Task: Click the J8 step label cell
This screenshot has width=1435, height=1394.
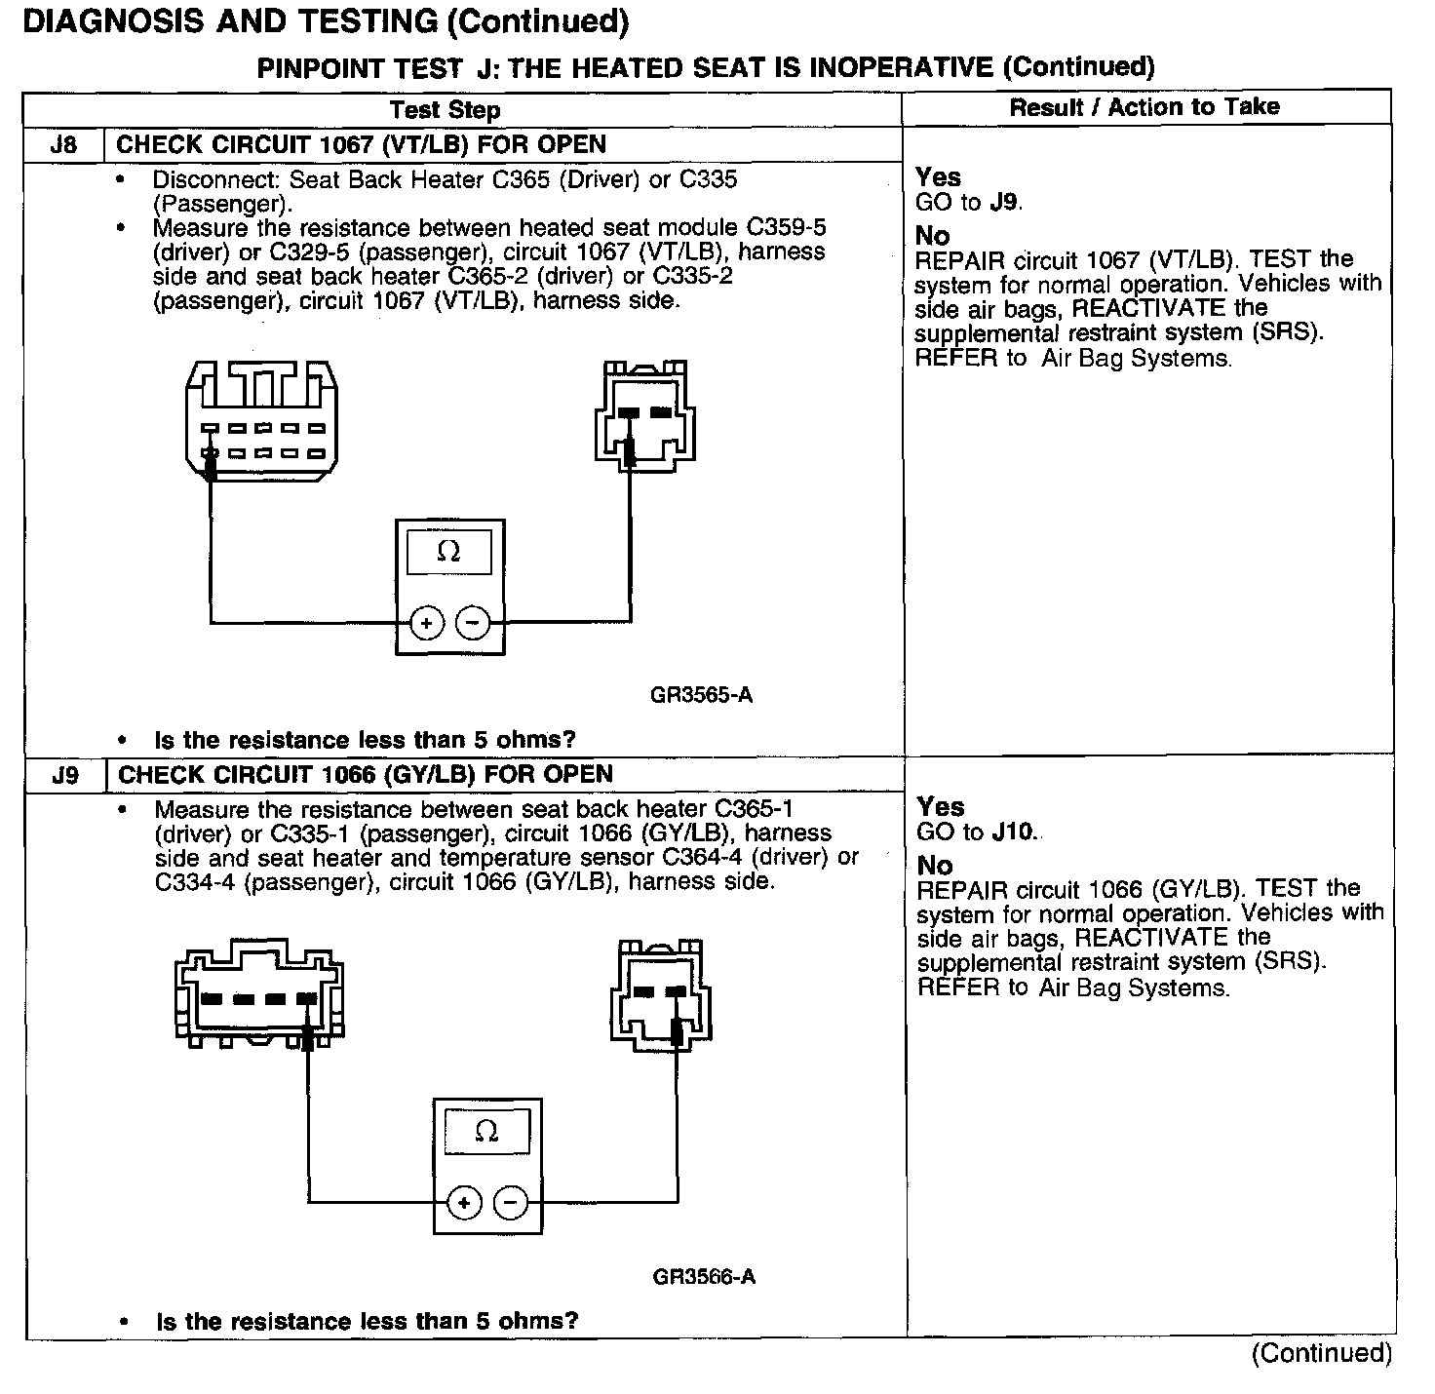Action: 63,145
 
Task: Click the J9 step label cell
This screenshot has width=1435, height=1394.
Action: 64,775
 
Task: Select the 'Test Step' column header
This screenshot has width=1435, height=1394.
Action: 445,110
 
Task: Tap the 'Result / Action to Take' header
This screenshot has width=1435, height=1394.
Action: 1144,107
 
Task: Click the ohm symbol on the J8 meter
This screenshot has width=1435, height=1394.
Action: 448,552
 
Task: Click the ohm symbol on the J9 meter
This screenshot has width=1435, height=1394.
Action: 486,1132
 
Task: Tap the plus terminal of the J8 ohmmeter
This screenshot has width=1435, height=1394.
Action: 426,622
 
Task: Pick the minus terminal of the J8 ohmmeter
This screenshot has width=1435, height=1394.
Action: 473,622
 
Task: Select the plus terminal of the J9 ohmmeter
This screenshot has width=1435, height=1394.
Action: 464,1203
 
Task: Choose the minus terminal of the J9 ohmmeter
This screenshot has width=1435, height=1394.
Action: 511,1203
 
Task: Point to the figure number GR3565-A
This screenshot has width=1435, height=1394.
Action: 701,695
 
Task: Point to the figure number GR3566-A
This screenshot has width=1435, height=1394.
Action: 704,1276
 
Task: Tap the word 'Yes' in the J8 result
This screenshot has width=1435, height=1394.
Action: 938,177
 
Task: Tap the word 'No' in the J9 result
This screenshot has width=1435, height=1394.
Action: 934,865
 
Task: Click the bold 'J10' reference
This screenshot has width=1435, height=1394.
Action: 1014,833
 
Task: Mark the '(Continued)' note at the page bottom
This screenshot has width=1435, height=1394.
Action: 1322,1353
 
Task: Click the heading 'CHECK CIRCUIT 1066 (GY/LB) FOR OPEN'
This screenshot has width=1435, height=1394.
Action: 366,775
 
